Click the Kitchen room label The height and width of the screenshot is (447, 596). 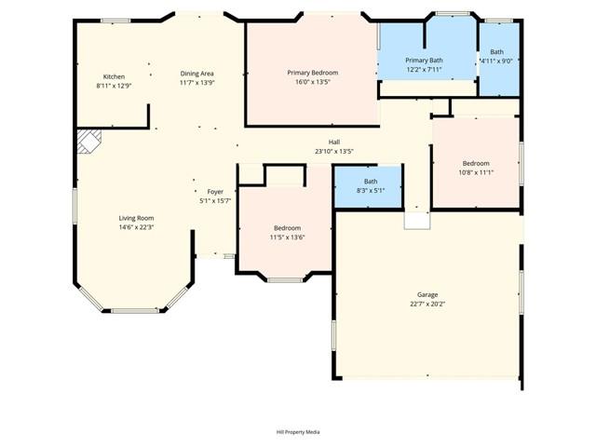pyautogui.click(x=114, y=76)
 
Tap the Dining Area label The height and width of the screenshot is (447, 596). pyautogui.click(x=197, y=73)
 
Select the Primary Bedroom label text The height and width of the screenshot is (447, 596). pyautogui.click(x=312, y=73)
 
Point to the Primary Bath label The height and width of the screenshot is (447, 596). pyautogui.click(x=424, y=60)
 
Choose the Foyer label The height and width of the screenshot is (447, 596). pyautogui.click(x=215, y=192)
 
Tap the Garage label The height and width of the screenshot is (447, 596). pyautogui.click(x=427, y=294)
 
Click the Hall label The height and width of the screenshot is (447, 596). pyautogui.click(x=334, y=142)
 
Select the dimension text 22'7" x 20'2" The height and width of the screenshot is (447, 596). pyautogui.click(x=427, y=304)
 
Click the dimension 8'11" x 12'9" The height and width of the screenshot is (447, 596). pyautogui.click(x=114, y=86)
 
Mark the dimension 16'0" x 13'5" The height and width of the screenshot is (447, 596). pyautogui.click(x=312, y=82)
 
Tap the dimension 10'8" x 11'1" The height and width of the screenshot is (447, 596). pyautogui.click(x=476, y=172)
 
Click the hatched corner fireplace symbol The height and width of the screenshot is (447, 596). pyautogui.click(x=88, y=141)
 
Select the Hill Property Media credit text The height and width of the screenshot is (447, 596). pyautogui.click(x=298, y=432)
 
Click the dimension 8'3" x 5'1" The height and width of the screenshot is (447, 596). pyautogui.click(x=371, y=191)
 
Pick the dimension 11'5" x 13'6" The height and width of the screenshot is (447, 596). pyautogui.click(x=287, y=237)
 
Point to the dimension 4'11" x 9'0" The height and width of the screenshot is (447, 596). pyautogui.click(x=497, y=61)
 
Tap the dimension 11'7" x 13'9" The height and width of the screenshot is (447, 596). pyautogui.click(x=197, y=82)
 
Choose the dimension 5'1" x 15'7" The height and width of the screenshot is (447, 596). pyautogui.click(x=215, y=201)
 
